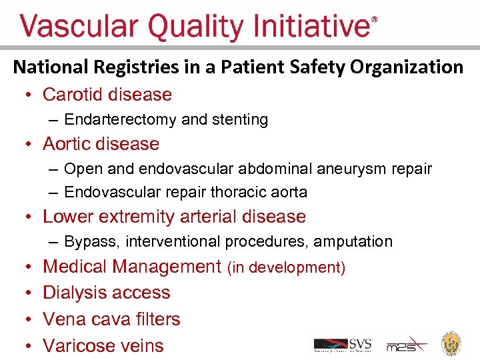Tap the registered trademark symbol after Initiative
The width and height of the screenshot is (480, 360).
click(374, 20)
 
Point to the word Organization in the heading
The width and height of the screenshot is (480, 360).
click(406, 67)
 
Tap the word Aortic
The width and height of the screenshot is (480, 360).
click(67, 144)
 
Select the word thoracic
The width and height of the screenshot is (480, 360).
click(238, 193)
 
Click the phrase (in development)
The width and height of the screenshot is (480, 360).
click(286, 268)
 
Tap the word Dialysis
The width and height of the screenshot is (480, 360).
click(73, 293)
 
